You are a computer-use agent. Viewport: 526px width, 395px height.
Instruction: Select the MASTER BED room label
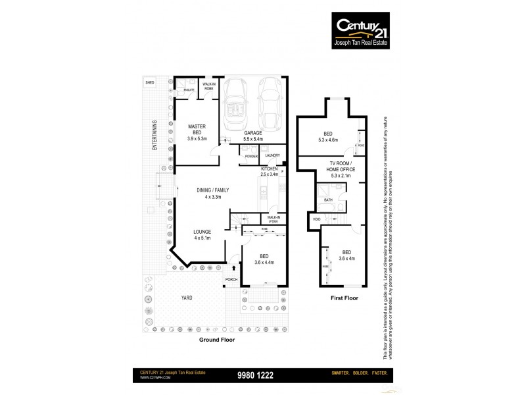coord(197,132)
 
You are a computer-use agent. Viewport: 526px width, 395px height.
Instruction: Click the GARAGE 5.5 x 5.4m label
coord(253,136)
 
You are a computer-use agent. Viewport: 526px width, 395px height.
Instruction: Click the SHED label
coord(150,82)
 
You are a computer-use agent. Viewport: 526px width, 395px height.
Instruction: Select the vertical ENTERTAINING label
coord(155,136)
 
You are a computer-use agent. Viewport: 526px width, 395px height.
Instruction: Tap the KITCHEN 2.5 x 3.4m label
coord(270,172)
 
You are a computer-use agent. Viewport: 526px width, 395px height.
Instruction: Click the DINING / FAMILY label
coord(211,194)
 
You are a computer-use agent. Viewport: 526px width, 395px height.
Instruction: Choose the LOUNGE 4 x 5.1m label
coord(202,235)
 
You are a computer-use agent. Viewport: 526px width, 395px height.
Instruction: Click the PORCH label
coord(231,279)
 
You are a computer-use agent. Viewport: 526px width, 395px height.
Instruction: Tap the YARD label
coord(188,298)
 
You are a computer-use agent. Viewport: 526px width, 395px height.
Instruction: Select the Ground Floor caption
coord(216,340)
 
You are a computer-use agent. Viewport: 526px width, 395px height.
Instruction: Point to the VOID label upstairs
coord(317,219)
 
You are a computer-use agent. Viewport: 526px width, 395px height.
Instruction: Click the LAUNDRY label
coord(272,155)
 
